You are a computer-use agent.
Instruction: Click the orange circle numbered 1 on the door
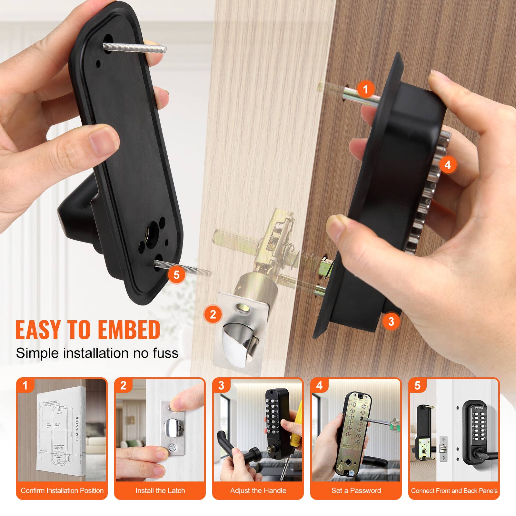click(x=365, y=88)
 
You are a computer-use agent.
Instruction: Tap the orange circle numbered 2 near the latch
click(x=213, y=314)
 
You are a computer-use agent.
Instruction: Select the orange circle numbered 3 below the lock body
click(x=391, y=321)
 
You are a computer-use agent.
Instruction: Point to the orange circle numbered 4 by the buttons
click(x=448, y=165)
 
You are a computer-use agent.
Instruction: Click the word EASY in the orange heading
click(x=38, y=329)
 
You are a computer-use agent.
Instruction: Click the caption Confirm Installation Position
click(x=62, y=491)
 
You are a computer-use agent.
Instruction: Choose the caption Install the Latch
click(x=160, y=491)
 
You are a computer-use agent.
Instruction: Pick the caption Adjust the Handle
click(x=258, y=491)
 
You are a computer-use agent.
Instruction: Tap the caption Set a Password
click(x=356, y=491)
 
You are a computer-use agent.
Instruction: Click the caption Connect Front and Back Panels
click(x=454, y=491)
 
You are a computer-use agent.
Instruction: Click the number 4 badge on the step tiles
click(x=319, y=386)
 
